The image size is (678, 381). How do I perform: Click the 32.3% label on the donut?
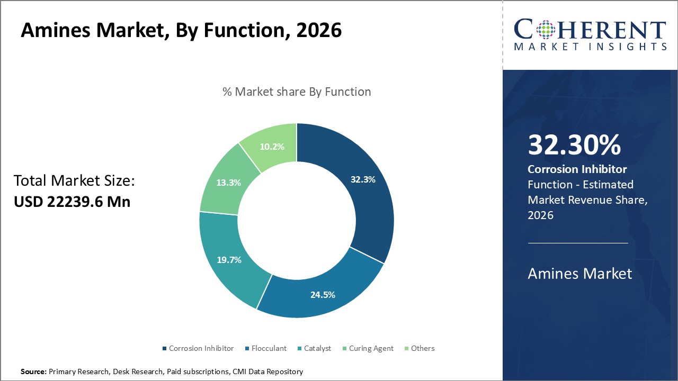pyautogui.click(x=363, y=179)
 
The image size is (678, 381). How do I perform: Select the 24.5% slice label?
pyautogui.click(x=323, y=295)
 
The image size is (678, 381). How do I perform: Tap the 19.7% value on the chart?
pyautogui.click(x=229, y=260)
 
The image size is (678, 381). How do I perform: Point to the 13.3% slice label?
pyautogui.click(x=228, y=183)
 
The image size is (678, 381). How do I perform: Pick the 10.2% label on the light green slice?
pyautogui.click(x=272, y=147)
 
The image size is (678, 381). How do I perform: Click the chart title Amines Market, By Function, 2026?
pyautogui.click(x=181, y=31)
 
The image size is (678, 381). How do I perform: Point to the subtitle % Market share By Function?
pyautogui.click(x=297, y=92)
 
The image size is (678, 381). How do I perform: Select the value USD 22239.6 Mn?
pyautogui.click(x=72, y=202)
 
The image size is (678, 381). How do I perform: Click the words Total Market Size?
pyautogui.click(x=74, y=181)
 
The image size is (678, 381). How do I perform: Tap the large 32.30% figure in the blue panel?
pyautogui.click(x=574, y=145)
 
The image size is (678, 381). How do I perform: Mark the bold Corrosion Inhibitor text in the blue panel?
pyautogui.click(x=577, y=169)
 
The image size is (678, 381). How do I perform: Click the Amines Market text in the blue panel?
pyautogui.click(x=580, y=273)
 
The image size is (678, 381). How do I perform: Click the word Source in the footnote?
pyautogui.click(x=33, y=372)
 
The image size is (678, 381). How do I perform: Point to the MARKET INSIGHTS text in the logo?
pyautogui.click(x=590, y=47)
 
